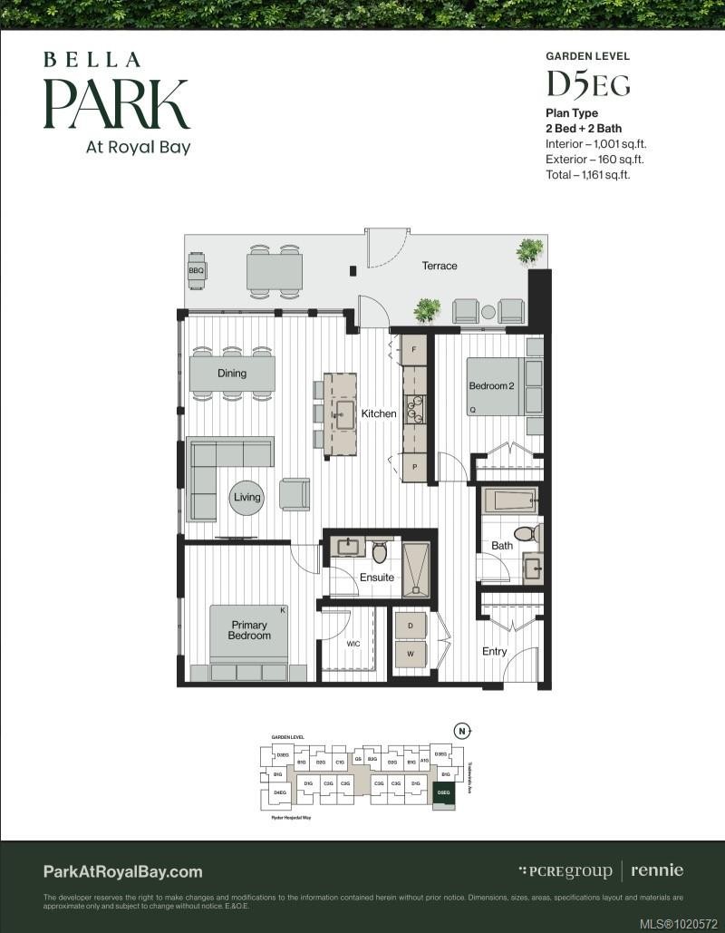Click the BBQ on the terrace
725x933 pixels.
197,270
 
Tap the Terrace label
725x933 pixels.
440,266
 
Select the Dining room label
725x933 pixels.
232,373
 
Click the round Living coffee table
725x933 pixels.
246,497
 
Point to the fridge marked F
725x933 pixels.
414,349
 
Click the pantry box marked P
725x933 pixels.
414,466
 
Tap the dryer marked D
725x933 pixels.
410,627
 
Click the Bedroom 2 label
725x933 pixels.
490,386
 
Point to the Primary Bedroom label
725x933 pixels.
249,630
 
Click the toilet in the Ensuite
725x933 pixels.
380,552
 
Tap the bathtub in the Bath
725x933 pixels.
509,501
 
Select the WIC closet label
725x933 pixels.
353,644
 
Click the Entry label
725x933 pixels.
495,651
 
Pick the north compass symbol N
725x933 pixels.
463,730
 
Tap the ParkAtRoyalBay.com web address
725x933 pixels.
122,871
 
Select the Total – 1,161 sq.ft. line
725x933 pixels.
587,174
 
